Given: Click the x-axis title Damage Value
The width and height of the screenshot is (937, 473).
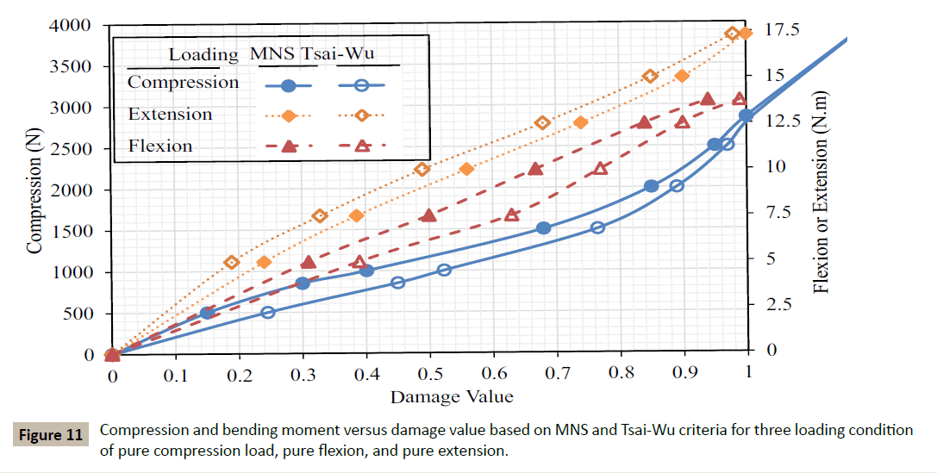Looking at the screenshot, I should pos(452,396).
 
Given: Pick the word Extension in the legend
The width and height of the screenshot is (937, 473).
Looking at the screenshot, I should pos(170,114).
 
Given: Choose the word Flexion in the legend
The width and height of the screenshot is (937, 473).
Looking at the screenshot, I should pos(160,146).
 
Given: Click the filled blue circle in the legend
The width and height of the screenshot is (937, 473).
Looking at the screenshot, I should pos(290,85).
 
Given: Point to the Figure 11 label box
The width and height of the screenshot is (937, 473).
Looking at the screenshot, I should pos(51,435).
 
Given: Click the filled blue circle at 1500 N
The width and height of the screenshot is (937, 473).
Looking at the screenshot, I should pos(543,228).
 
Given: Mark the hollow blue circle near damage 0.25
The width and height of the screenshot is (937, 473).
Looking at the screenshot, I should pos(268,313).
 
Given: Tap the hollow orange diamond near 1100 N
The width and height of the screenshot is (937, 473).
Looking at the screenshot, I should pos(231,263).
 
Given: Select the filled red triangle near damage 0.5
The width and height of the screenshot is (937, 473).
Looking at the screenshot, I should pos(428,215).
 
